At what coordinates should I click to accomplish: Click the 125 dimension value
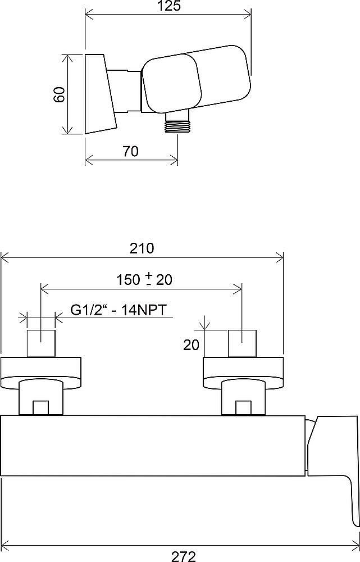pyautogui.click(x=168, y=6)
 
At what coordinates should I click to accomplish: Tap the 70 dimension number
pyautogui.click(x=130, y=151)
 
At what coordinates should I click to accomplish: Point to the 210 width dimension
pyautogui.click(x=143, y=248)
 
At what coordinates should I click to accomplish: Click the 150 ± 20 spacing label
pyautogui.click(x=144, y=279)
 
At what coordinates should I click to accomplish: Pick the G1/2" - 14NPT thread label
pyautogui.click(x=121, y=310)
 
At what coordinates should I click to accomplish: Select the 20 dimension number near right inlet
pyautogui.click(x=192, y=345)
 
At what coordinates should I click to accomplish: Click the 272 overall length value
pyautogui.click(x=183, y=556)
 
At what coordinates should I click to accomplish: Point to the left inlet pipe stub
pyautogui.click(x=42, y=343)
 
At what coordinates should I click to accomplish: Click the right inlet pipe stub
pyautogui.click(x=242, y=343)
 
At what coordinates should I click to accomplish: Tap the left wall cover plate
pyautogui.click(x=42, y=371)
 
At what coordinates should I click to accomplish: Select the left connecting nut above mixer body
pyautogui.click(x=41, y=398)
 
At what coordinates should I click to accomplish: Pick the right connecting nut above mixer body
pyautogui.click(x=243, y=398)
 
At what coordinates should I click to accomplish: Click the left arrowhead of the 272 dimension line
pyautogui.click(x=4, y=545)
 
